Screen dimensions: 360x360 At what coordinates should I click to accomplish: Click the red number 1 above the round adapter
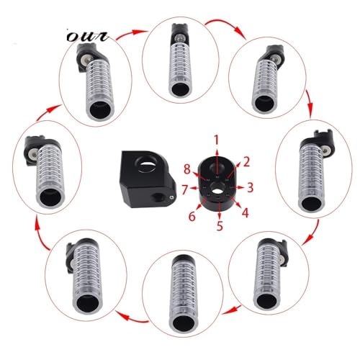[x=217, y=140]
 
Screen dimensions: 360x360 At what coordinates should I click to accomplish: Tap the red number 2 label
[x=246, y=162]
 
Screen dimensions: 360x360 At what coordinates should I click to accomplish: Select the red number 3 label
[x=250, y=187]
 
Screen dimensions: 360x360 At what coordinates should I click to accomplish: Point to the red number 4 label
[x=245, y=212]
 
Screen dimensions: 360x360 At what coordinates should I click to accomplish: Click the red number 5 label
[x=220, y=225]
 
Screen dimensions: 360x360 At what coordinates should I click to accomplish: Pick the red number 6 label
[x=192, y=216]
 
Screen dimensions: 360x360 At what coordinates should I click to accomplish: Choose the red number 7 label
[x=184, y=189]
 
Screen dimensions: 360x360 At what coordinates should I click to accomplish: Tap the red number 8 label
[x=187, y=169]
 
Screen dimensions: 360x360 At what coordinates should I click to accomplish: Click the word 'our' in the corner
[x=88, y=37]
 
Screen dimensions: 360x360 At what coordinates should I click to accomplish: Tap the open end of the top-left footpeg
[x=100, y=110]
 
